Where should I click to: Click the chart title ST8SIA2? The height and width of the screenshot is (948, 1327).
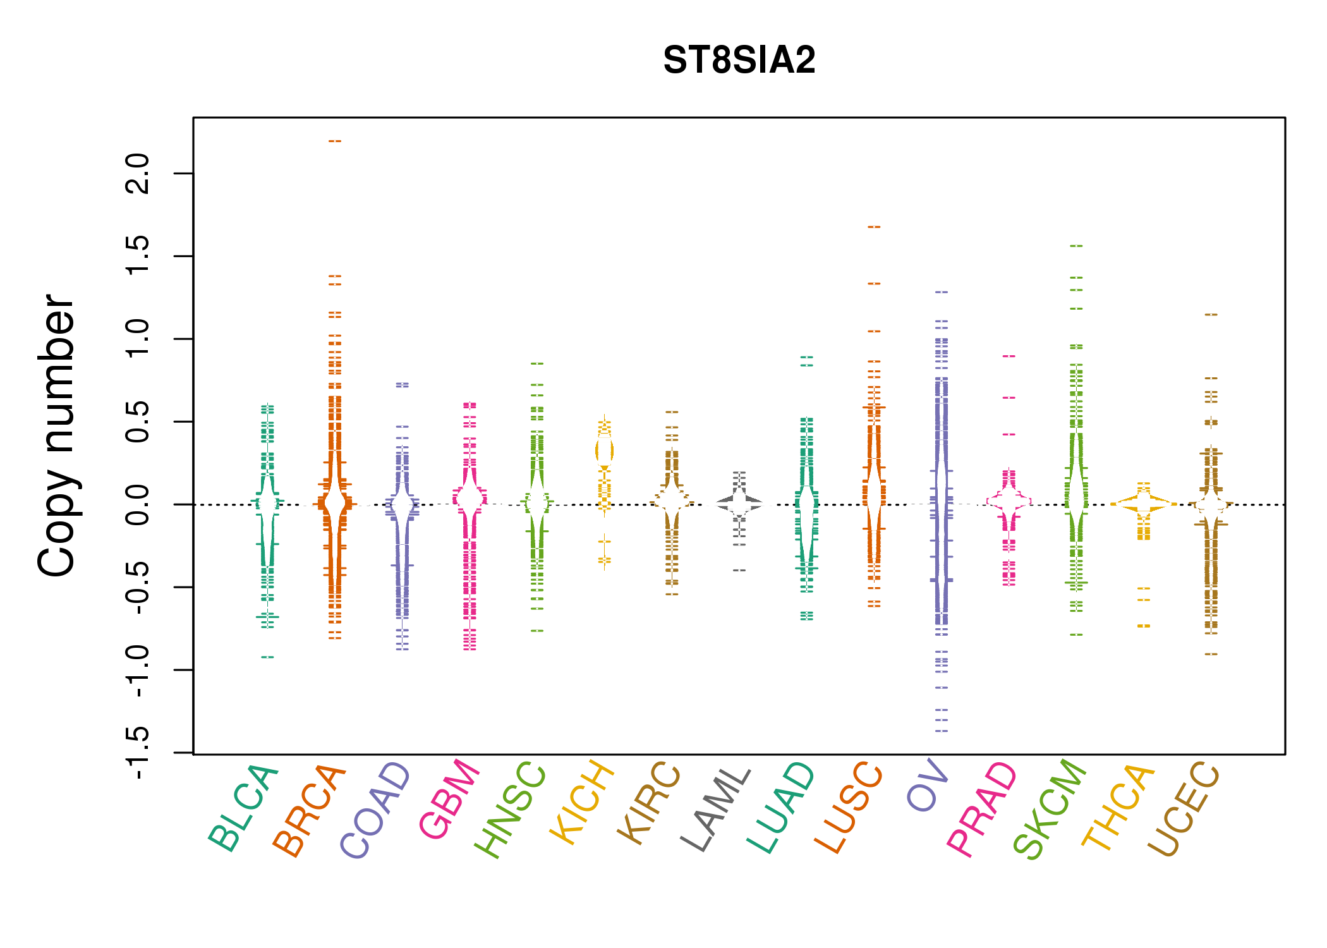(x=739, y=61)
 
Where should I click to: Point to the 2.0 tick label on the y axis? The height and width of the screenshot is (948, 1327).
(x=138, y=174)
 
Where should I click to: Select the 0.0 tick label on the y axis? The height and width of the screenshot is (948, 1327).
(x=138, y=504)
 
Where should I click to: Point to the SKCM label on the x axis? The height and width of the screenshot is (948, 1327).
(x=1050, y=809)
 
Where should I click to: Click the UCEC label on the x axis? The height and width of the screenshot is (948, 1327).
(x=1183, y=809)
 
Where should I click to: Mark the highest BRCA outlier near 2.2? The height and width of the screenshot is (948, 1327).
(x=335, y=141)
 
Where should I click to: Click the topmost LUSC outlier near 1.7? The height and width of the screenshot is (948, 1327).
(x=874, y=227)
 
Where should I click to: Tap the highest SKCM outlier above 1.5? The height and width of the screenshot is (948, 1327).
(x=1076, y=246)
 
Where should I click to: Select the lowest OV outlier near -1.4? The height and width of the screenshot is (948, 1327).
(x=942, y=731)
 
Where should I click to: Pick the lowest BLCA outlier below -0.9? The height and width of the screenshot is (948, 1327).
(x=268, y=657)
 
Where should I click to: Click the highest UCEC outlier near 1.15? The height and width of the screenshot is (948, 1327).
(x=1211, y=315)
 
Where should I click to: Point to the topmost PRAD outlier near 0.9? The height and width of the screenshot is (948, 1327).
(x=1009, y=356)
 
